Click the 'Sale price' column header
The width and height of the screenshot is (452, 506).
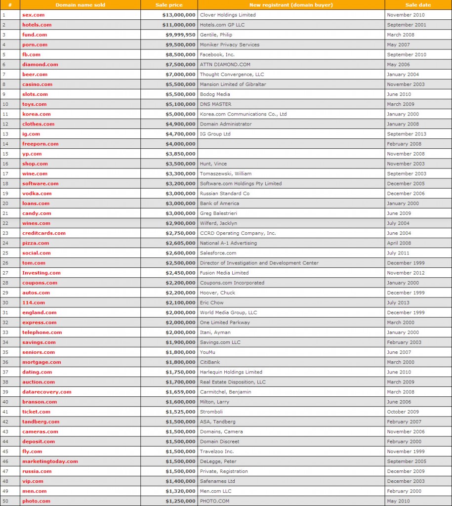tap(169, 5)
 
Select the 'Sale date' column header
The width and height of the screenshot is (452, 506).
tap(418, 5)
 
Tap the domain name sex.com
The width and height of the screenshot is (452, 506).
tap(34, 15)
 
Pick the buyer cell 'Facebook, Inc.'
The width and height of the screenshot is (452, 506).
tap(217, 54)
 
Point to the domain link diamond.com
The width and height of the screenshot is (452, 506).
tap(40, 64)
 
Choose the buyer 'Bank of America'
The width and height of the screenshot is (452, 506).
tap(219, 203)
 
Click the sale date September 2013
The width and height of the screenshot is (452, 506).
tap(407, 134)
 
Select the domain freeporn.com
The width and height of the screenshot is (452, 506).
tap(41, 144)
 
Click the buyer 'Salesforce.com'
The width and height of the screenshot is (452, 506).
tap(218, 253)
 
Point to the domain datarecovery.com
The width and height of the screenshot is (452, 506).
tap(47, 392)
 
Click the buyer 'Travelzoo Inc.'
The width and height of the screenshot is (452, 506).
tap(217, 451)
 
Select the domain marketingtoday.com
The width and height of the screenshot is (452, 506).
tap(50, 461)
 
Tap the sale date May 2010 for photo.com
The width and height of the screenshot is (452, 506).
tap(399, 501)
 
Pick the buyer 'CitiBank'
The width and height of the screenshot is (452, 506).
tap(210, 362)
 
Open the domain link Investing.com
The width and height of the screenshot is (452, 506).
tap(41, 273)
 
